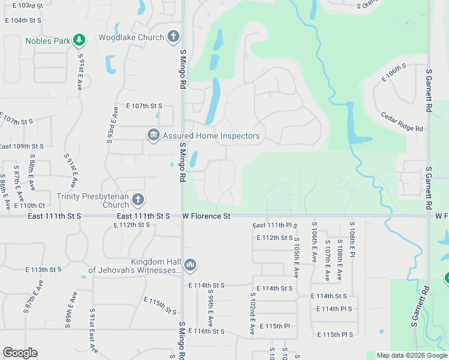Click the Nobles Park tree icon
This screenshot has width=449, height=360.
[x=79, y=40]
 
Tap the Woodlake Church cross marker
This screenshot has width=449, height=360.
[x=173, y=37]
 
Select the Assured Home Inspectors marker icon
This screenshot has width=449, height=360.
[x=153, y=136]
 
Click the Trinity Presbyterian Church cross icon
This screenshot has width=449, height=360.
[x=138, y=200]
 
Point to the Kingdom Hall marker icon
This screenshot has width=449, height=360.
[x=190, y=265]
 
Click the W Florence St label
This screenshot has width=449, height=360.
[x=206, y=215]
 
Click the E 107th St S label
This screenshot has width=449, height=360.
[x=144, y=106]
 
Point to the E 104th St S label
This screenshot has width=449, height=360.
[x=23, y=20]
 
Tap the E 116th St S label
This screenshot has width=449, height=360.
[x=206, y=331]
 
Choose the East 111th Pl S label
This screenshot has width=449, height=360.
[x=275, y=226]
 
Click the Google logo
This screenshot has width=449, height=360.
[x=20, y=353]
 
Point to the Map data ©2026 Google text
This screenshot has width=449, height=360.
[x=411, y=355]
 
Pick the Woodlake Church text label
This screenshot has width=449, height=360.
[x=131, y=38]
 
